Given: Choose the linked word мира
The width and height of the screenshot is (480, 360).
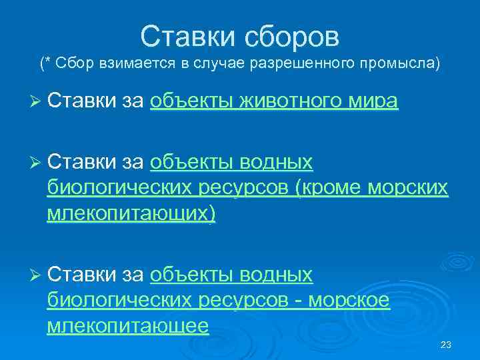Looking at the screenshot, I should (x=375, y=101).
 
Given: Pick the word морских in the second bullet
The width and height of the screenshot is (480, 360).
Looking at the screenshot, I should (x=411, y=189).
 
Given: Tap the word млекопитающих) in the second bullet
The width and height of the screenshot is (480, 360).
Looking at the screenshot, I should (x=131, y=215).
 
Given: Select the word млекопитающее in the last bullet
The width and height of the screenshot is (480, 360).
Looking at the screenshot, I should (x=128, y=326).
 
